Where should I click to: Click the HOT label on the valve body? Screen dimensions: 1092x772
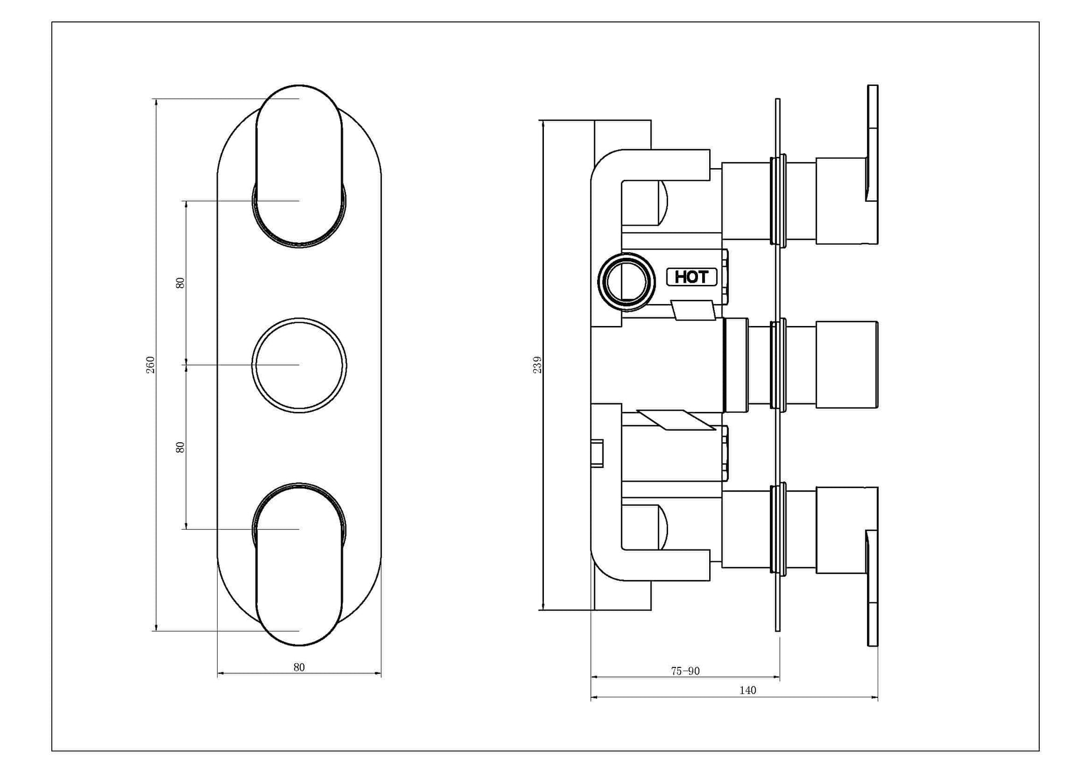tap(692, 277)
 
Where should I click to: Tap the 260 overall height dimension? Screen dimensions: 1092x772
tap(150, 365)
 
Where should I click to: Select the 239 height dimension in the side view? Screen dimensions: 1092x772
tap(537, 365)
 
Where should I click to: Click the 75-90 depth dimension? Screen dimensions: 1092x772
tap(685, 671)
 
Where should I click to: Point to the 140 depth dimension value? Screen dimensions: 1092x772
tap(748, 690)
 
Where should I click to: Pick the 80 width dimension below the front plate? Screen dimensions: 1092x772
tap(299, 667)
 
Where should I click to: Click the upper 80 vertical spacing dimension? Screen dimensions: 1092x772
tap(180, 283)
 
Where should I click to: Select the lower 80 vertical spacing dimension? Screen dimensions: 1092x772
tap(180, 447)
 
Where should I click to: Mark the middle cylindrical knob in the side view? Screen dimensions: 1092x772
tap(847, 365)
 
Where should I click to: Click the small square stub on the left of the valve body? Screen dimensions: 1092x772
tap(597, 453)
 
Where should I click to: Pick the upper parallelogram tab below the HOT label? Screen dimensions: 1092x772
tap(693, 310)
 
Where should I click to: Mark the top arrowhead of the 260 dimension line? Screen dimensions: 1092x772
tap(156, 102)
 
